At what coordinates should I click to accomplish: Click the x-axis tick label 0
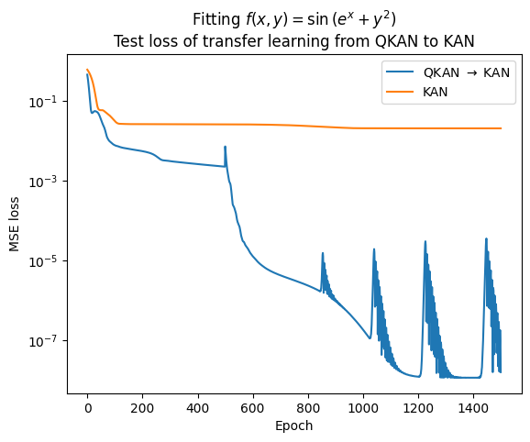coord(87,409)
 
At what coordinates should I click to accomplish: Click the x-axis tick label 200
coord(142,409)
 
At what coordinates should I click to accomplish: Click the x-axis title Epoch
coord(294,426)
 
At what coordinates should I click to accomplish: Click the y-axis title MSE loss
coord(14,220)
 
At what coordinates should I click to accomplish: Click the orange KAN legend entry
coord(436,90)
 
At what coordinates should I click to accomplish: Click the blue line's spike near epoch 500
coord(225,147)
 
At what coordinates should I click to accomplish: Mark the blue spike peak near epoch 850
coord(323,254)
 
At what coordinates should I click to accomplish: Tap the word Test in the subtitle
coord(127,40)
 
